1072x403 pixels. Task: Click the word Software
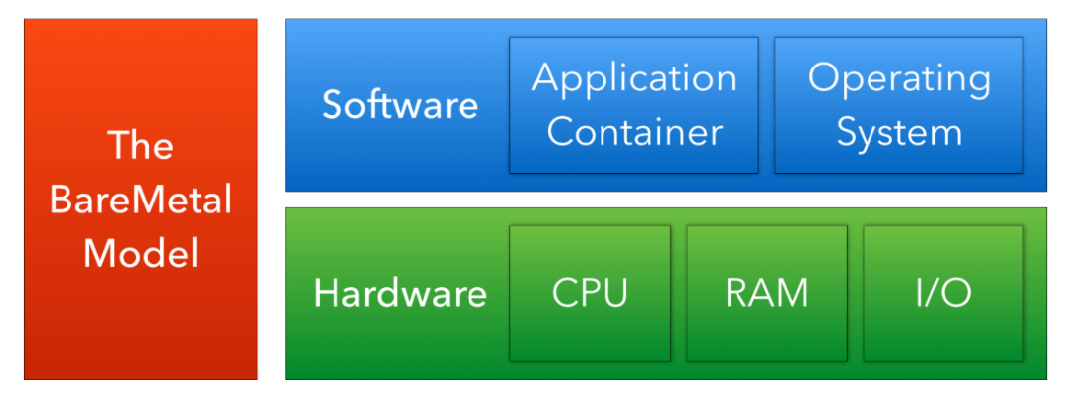click(399, 105)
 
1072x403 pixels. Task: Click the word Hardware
click(400, 294)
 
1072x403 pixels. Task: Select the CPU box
click(590, 293)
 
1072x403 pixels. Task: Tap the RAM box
click(766, 293)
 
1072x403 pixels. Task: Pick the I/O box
click(943, 293)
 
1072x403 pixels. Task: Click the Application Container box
click(634, 104)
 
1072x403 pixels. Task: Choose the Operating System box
click(899, 104)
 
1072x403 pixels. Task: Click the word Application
click(634, 78)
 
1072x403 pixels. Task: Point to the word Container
click(634, 132)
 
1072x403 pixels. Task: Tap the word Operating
click(899, 78)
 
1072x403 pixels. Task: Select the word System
click(899, 132)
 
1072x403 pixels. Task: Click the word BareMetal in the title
click(141, 201)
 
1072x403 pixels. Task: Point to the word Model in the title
click(141, 254)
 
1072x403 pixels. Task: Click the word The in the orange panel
click(141, 147)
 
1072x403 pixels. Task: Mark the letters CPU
click(590, 294)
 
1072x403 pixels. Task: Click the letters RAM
click(766, 294)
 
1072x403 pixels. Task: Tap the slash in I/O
click(943, 294)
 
